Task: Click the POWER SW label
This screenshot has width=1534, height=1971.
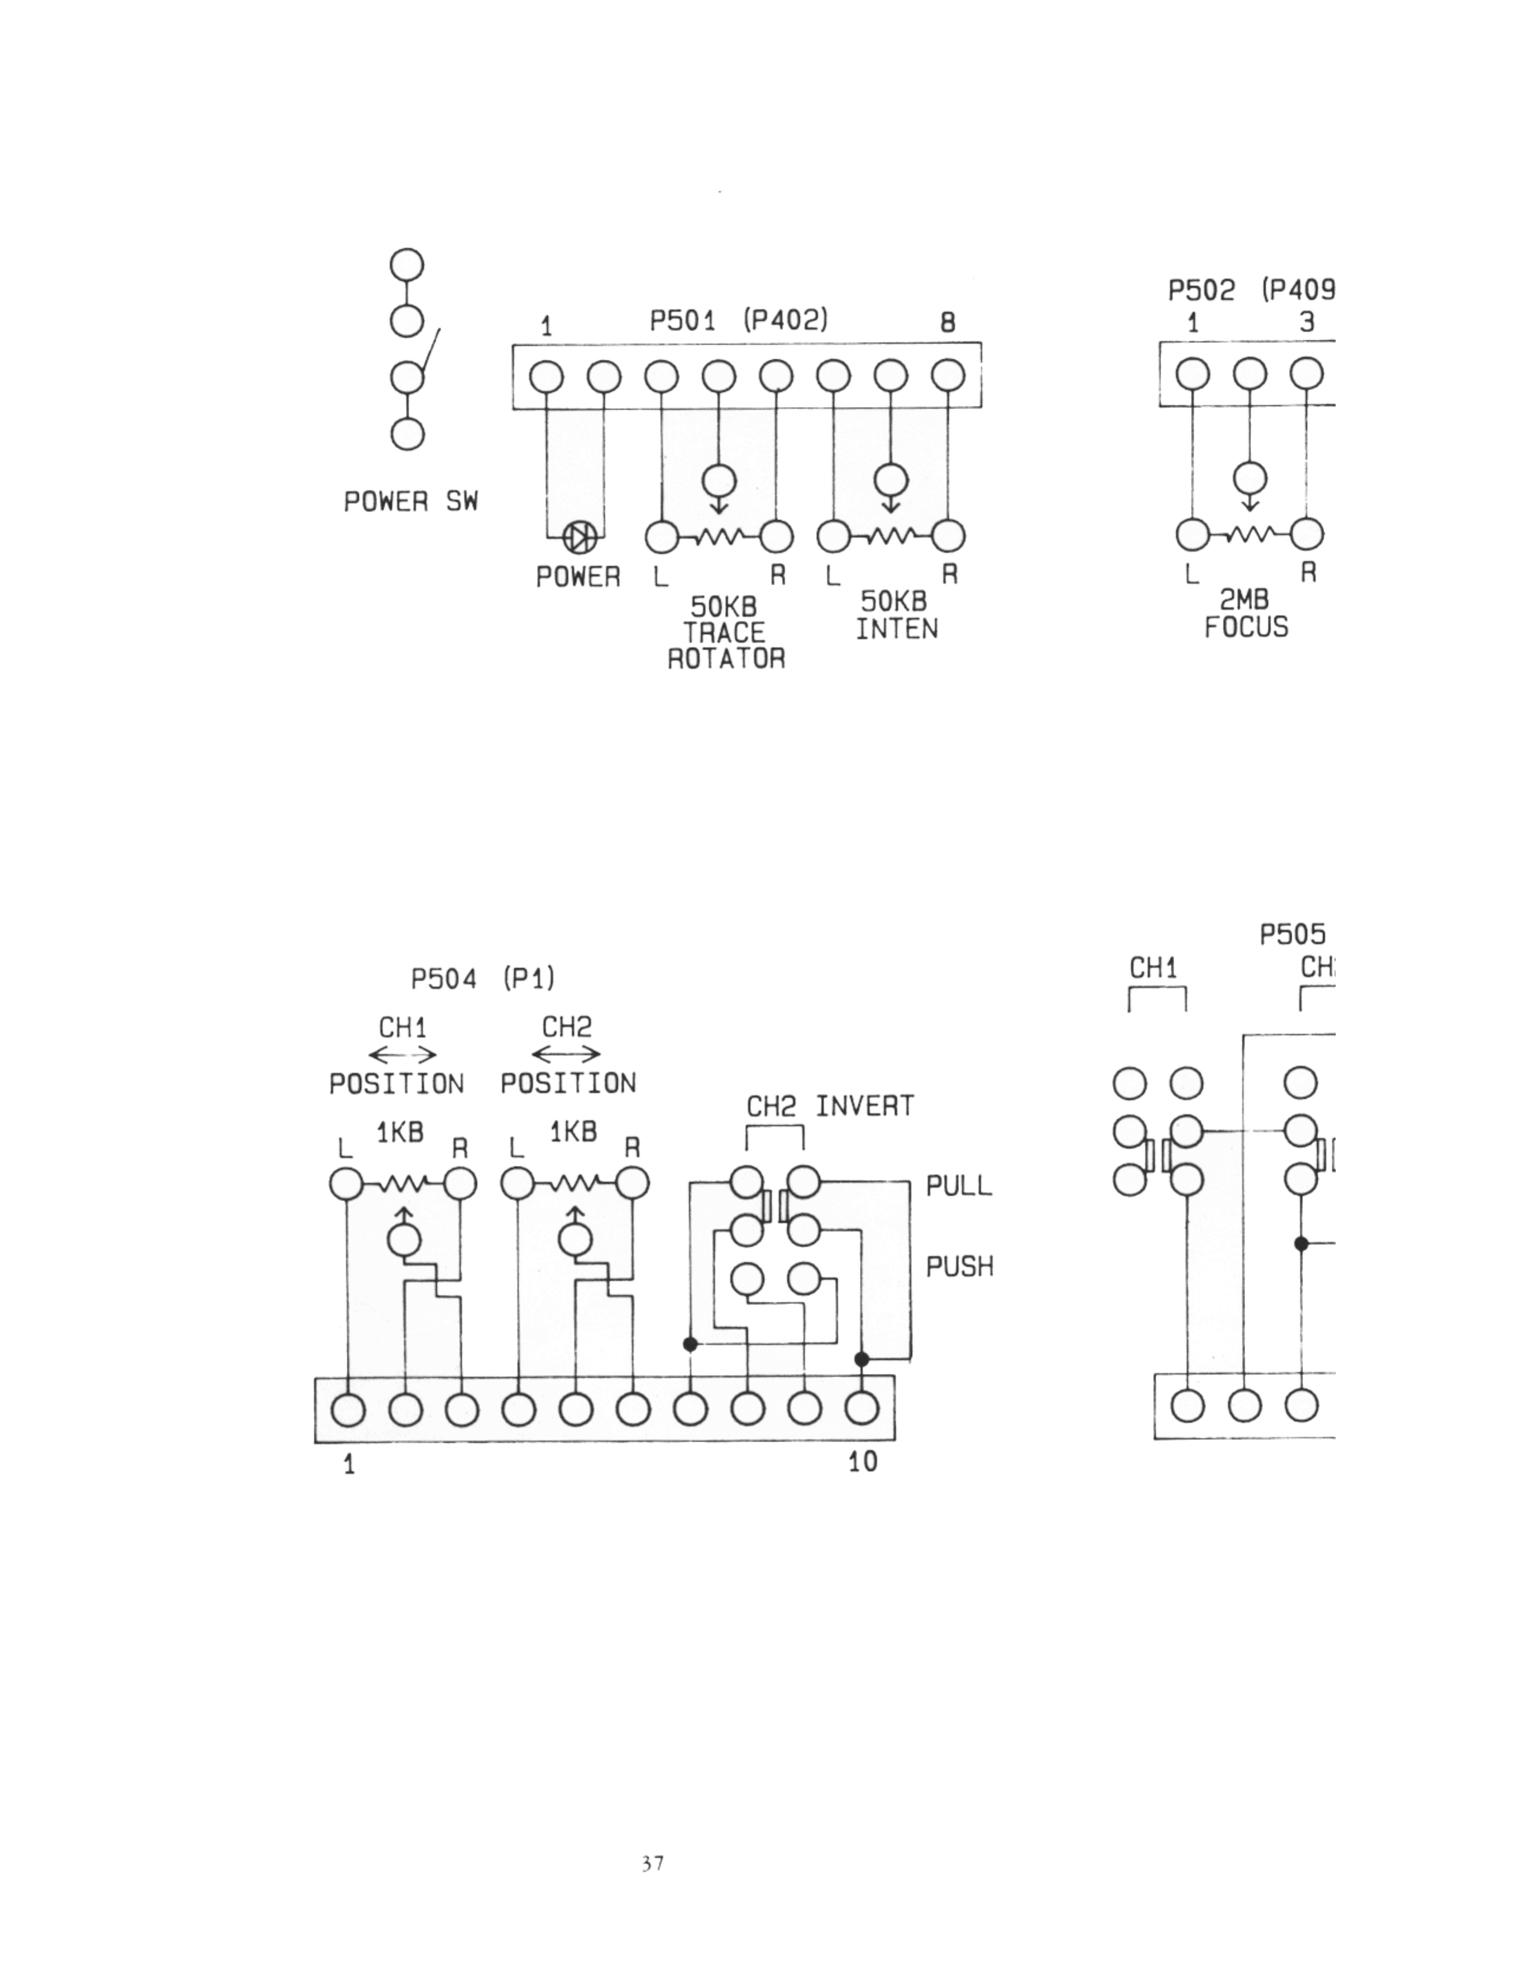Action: (x=411, y=502)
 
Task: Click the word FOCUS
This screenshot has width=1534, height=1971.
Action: (x=1246, y=627)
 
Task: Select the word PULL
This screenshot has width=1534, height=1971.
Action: (x=958, y=1186)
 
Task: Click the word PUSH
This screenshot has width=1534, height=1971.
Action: (x=959, y=1267)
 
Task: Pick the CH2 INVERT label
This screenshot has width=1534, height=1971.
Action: (x=830, y=1107)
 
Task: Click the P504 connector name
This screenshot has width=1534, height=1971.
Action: (x=443, y=978)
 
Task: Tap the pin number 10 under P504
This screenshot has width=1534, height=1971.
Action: (x=863, y=1462)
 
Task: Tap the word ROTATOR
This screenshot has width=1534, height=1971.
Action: (x=726, y=659)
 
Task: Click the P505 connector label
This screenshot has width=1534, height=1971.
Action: (x=1292, y=935)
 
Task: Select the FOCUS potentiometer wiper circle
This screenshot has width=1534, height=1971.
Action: (x=1250, y=477)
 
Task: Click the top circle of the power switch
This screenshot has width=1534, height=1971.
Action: (x=407, y=265)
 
